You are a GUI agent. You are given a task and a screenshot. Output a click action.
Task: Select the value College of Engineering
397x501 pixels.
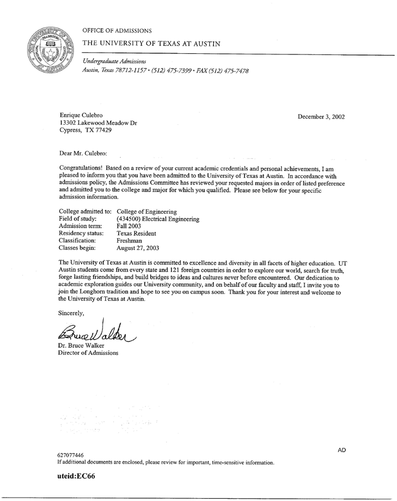[147, 211]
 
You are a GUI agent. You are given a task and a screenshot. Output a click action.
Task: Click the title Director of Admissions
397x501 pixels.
[88, 353]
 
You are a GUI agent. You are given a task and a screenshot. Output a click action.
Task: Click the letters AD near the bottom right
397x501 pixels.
[341, 450]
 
